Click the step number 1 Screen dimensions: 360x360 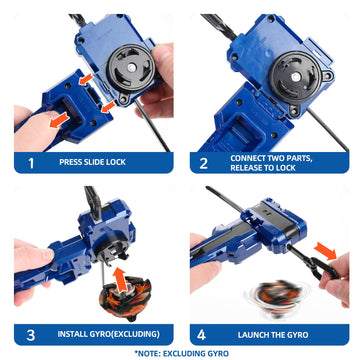tap(31, 159)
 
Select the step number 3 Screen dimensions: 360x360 tap(31, 331)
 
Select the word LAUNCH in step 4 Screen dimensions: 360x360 tap(257, 331)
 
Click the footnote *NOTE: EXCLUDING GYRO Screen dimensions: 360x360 tap(180, 353)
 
